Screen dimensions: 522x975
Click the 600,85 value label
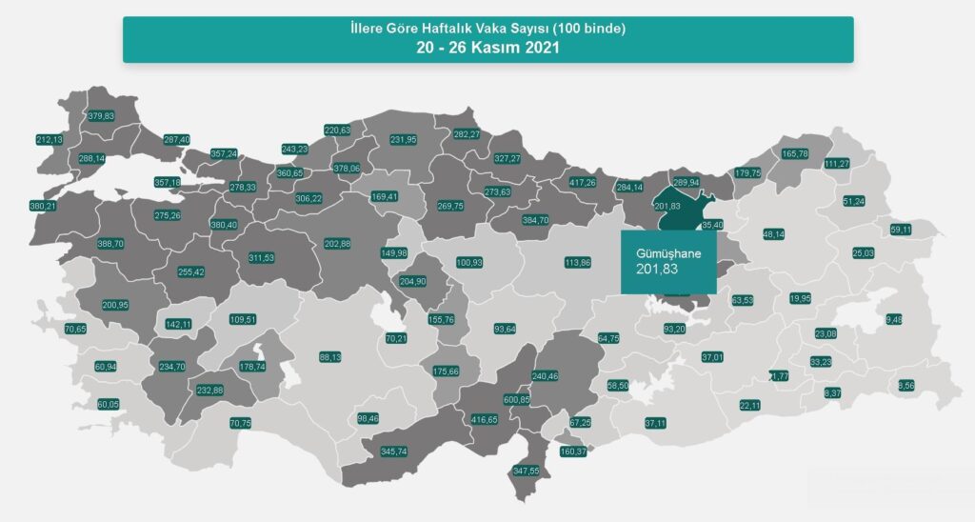(517, 400)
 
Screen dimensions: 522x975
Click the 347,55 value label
(527, 471)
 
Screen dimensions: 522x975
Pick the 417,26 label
(582, 182)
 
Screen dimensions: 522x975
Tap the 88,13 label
(330, 357)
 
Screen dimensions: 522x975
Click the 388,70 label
(110, 244)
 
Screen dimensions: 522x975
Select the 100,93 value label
(469, 262)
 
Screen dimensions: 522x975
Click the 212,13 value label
(50, 140)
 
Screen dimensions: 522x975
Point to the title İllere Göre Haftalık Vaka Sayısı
(487, 29)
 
